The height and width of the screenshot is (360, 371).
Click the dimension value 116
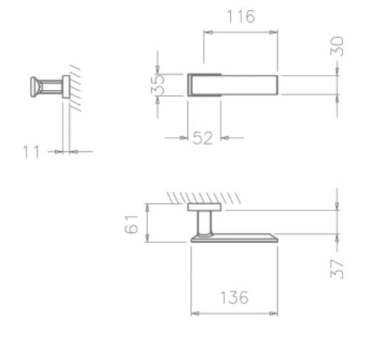(239, 17)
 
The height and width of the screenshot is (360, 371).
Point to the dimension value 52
(203, 138)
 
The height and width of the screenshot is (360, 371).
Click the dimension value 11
(31, 152)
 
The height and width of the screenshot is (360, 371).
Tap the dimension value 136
(234, 298)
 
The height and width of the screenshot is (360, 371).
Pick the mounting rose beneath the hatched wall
(204, 207)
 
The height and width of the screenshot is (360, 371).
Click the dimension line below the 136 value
(234, 313)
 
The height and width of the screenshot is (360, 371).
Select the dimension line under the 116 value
(240, 31)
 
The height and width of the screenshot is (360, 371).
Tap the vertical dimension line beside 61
(147, 223)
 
